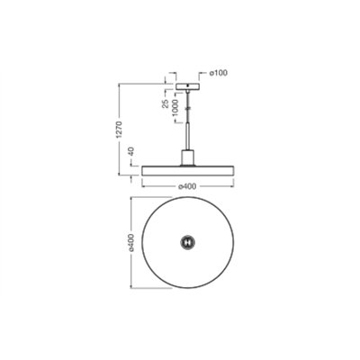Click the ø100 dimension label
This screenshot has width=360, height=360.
pyautogui.click(x=218, y=73)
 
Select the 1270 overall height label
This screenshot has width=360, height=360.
pyautogui.click(x=120, y=130)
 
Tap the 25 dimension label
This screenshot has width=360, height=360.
pyautogui.click(x=165, y=103)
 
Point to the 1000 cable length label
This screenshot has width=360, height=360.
pyautogui.click(x=175, y=108)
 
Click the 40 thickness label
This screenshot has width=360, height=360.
pyautogui.click(x=131, y=152)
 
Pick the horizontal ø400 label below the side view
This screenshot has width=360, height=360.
pyautogui.click(x=187, y=186)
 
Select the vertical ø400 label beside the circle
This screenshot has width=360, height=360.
pyautogui.click(x=131, y=242)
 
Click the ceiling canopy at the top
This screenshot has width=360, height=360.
pyautogui.click(x=187, y=86)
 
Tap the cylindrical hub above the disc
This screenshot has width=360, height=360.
pyautogui.click(x=187, y=157)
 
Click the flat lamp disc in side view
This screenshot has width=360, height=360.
pyautogui.click(x=187, y=170)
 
